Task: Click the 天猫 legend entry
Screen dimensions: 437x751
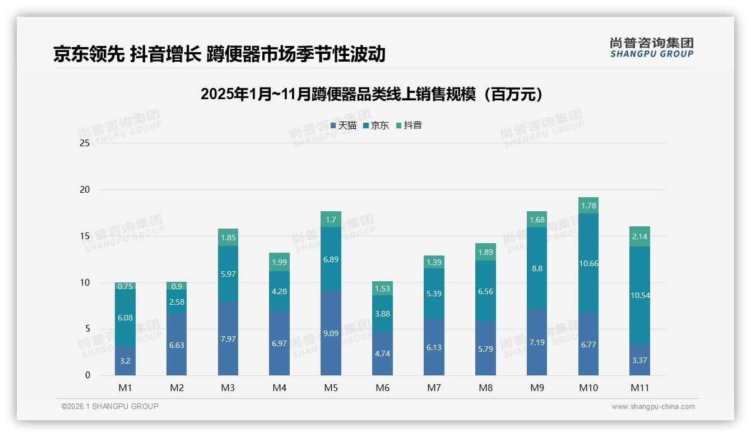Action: tap(344, 125)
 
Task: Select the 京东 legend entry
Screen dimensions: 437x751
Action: tap(376, 125)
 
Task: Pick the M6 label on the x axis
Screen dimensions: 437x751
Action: tap(382, 388)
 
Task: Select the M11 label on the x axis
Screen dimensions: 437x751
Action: tap(639, 388)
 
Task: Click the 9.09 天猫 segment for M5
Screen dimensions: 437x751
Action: tap(331, 333)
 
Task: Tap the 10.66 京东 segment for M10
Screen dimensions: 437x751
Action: tap(588, 263)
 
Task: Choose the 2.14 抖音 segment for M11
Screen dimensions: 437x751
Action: tap(639, 236)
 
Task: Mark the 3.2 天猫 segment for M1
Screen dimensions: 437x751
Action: tap(125, 361)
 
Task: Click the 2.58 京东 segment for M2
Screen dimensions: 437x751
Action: tap(177, 302)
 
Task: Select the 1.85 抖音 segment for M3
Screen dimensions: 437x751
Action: tap(228, 238)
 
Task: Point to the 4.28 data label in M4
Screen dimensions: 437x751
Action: tap(280, 291)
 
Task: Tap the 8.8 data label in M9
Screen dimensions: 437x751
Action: tap(537, 268)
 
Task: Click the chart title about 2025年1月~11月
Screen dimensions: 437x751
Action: tap(372, 94)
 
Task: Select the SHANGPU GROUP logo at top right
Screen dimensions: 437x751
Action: tap(651, 48)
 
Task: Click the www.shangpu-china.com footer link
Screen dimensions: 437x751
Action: tap(653, 407)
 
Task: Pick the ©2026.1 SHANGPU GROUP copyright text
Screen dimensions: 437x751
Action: tap(110, 406)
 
